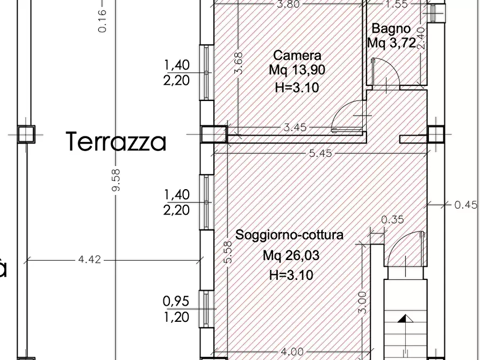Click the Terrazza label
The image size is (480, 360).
coord(116,142)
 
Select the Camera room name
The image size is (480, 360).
coord(297,55)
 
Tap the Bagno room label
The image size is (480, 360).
coord(391,29)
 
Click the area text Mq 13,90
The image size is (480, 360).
coord(297,70)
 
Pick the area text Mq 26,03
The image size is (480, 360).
coord(291,256)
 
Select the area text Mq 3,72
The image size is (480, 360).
coord(391,43)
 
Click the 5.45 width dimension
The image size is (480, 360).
coord(321,154)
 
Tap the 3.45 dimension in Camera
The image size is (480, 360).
coord(295,128)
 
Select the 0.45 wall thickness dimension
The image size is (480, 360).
coord(465,205)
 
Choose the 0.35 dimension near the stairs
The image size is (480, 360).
coord(392,220)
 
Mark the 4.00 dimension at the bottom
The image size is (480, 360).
coord(292,352)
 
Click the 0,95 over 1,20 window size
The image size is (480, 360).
coord(177,309)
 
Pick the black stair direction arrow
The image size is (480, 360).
coord(402,319)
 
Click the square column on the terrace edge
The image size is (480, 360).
coord(25,134)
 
